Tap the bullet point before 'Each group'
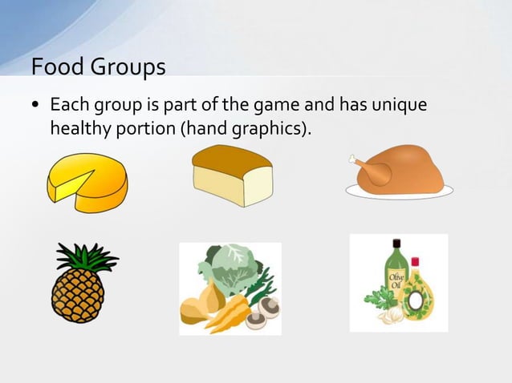(x=36, y=106)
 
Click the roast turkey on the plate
(x=400, y=170)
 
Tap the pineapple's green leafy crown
(x=85, y=256)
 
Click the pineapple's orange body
(x=79, y=293)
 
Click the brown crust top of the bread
(x=231, y=156)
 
